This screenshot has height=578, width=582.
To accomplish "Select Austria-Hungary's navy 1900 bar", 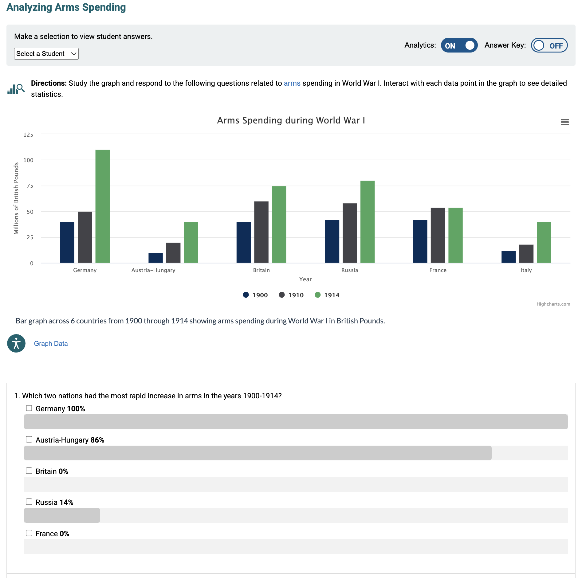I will [155, 258].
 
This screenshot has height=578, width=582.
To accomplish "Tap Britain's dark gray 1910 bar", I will [261, 232].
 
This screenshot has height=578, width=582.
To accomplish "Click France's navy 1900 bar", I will [420, 241].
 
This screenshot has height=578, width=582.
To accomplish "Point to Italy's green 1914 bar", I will [544, 242].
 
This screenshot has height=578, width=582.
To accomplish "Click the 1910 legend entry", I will [291, 295].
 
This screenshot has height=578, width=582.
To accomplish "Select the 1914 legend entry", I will [327, 295].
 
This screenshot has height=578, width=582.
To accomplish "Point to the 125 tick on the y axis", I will [28, 135].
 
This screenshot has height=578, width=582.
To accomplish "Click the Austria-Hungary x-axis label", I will [153, 270].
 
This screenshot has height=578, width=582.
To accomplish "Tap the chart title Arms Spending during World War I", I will [291, 120].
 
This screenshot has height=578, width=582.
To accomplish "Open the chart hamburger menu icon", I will [564, 122].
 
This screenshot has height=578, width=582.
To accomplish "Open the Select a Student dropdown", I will [46, 54].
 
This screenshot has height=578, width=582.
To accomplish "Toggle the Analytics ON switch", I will [459, 45].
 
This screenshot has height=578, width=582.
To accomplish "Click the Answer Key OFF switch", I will [549, 45].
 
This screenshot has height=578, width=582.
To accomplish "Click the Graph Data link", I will [51, 344].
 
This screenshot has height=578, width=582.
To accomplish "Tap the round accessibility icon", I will [16, 343].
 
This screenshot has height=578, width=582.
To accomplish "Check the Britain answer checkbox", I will [29, 471].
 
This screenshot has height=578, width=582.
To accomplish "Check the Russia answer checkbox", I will [29, 502].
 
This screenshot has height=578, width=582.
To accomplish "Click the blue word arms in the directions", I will [292, 83].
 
